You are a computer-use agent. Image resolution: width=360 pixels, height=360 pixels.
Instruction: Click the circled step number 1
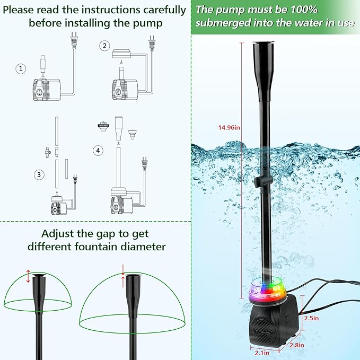pos(21,69)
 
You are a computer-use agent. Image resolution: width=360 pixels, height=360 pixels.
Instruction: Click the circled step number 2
pos(104,46)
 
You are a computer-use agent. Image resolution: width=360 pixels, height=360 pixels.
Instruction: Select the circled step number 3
pos(38,174)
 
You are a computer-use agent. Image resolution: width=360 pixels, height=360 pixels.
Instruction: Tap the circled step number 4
pos(98,151)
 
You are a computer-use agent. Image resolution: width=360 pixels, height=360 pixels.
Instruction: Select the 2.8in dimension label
pos(296,345)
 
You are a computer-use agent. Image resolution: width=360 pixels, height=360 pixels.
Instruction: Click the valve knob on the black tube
pos(257,183)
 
